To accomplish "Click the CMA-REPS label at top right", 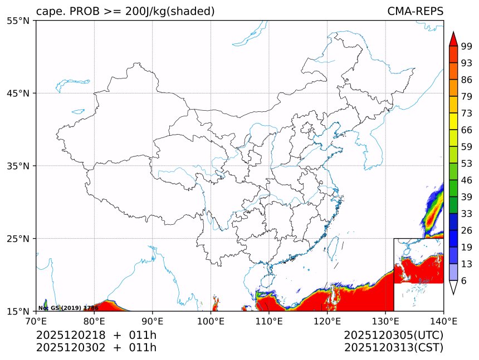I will pos(415,12).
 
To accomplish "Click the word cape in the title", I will pos(49,12).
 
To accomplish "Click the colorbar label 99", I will pos(467,47).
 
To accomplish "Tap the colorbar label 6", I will pos(465,281).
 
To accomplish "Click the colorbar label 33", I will pos(467,214).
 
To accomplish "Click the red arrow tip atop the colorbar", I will pos(453,38).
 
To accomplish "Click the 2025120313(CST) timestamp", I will pos(393,348).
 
